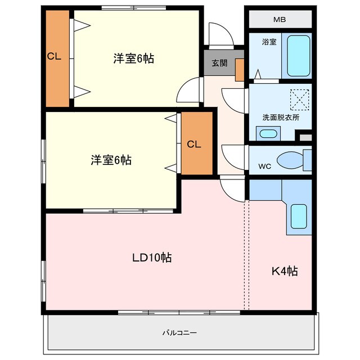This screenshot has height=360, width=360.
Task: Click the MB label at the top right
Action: click(280, 20)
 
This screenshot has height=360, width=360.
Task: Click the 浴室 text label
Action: click(269, 42)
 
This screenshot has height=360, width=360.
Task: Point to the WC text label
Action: click(264, 166)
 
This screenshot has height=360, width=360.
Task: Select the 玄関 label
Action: click(219, 63)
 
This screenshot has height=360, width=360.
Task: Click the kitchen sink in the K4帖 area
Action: click(298, 216)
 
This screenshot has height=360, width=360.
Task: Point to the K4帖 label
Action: click(285, 271)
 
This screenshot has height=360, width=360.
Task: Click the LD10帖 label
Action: click(152, 258)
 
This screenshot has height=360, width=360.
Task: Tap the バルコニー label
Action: click(179, 333)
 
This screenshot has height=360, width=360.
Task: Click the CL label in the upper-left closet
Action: click(54, 56)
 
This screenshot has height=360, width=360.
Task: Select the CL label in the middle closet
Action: click(193, 144)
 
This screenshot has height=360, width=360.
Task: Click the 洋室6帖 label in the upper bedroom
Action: click(134, 58)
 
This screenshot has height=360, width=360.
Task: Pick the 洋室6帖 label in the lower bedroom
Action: click(111, 160)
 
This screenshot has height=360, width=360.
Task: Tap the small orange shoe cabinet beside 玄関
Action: click(239, 70)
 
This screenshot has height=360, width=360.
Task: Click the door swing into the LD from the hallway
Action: click(231, 187)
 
